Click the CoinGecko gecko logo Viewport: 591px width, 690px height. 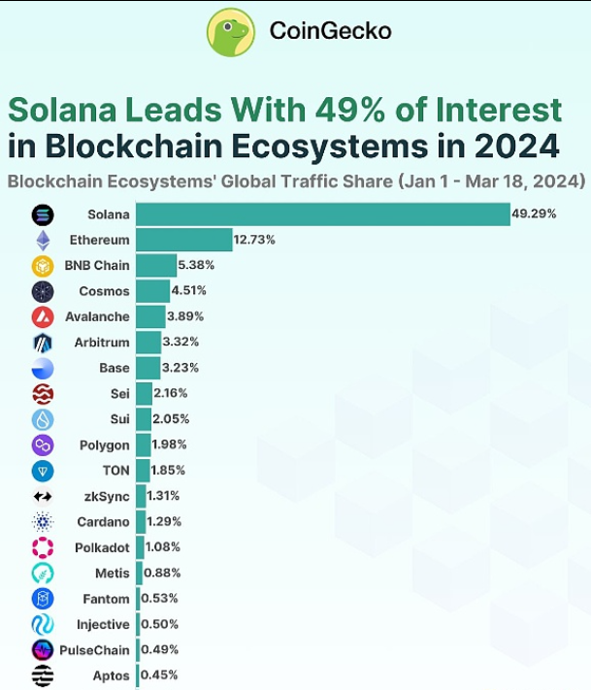[x=231, y=31]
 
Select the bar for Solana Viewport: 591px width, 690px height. [x=322, y=214]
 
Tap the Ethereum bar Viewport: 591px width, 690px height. [x=184, y=240]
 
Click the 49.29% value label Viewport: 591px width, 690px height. [x=536, y=214]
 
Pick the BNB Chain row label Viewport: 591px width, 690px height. [x=97, y=265]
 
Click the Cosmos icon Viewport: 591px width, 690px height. [x=43, y=291]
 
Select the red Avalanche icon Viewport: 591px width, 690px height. [x=43, y=316]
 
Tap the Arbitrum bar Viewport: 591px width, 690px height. [x=148, y=342]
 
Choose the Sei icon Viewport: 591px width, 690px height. [x=43, y=393]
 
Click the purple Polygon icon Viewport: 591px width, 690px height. [x=43, y=444]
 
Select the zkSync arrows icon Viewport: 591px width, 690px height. [x=43, y=496]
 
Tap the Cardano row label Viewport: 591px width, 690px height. [x=104, y=521]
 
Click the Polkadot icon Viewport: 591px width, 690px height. [x=43, y=546]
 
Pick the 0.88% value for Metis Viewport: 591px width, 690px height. [x=164, y=573]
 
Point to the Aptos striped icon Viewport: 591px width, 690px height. [x=43, y=675]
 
